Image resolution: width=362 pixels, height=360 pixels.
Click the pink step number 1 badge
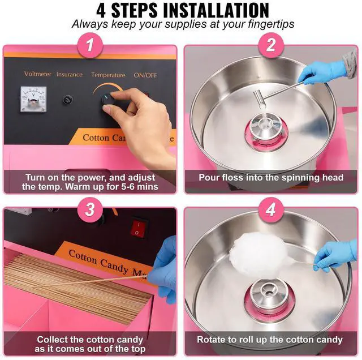pyautogui.click(x=90, y=45)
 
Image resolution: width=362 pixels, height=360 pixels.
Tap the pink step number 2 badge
pyautogui.click(x=270, y=45)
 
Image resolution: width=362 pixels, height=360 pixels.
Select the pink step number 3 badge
pyautogui.click(x=90, y=210)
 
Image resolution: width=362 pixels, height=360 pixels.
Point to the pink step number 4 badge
pyautogui.click(x=270, y=210)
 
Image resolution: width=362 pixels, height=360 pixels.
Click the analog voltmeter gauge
pyautogui.click(x=34, y=99)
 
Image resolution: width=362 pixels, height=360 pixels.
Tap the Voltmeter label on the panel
pyautogui.click(x=38, y=74)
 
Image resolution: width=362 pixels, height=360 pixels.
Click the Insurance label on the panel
pyautogui.click(x=70, y=74)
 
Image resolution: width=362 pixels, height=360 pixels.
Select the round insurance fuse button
pyautogui.click(x=68, y=100)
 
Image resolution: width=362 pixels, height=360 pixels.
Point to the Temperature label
pyautogui.click(x=108, y=75)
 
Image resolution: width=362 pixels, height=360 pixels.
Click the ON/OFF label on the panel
pyautogui.click(x=145, y=75)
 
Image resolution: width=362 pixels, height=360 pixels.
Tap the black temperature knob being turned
pyautogui.click(x=108, y=101)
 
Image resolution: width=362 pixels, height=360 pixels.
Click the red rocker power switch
pyautogui.click(x=139, y=228)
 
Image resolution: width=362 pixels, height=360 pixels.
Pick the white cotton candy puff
pyautogui.click(x=257, y=255)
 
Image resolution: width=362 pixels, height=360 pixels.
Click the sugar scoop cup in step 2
pyautogui.click(x=260, y=98)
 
